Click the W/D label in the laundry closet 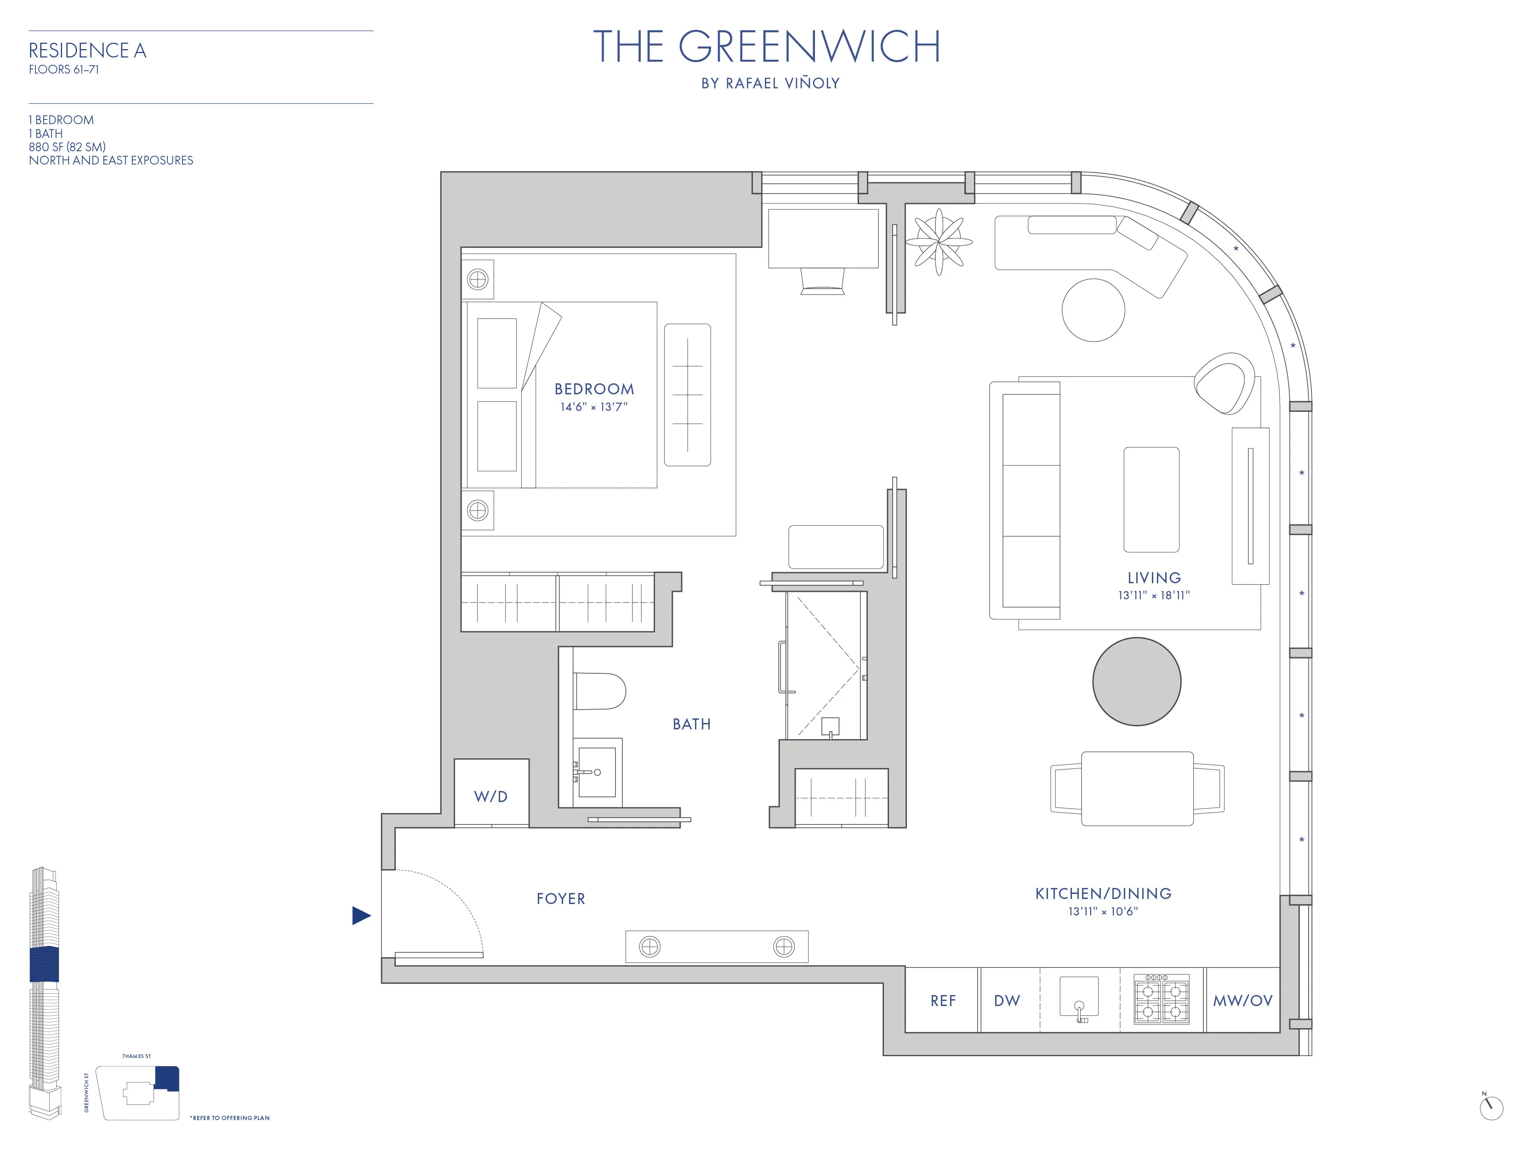490,796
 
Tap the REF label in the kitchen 943,1001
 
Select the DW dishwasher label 1006,1001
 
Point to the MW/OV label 1242,1001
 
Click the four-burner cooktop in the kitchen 1162,1000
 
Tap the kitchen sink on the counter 1078,997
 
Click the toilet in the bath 600,691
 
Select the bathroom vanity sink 596,772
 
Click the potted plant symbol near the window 939,242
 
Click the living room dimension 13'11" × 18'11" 1154,595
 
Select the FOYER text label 560,899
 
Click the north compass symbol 1491,1108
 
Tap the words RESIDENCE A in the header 87,51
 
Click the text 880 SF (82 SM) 67,147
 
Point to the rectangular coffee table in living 1151,499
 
